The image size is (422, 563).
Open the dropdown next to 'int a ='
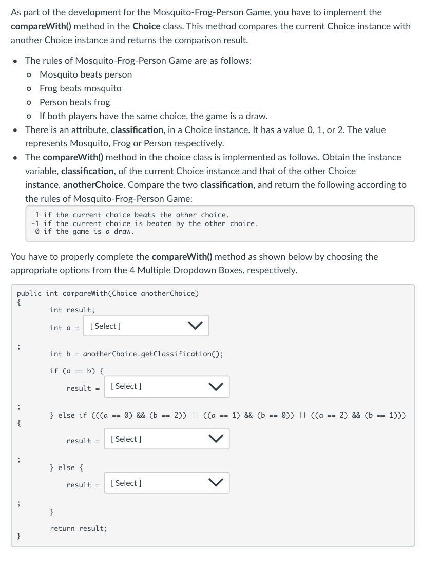146,326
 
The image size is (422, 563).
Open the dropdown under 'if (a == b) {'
166,386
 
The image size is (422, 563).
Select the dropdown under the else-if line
166,439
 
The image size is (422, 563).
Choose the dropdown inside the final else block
166,483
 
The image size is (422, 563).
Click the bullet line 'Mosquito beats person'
86,74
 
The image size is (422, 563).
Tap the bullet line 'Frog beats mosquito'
81,88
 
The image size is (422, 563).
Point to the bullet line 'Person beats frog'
75,102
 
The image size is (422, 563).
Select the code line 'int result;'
72,310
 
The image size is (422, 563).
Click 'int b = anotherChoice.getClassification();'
137,354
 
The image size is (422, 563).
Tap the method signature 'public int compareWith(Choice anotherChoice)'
108,293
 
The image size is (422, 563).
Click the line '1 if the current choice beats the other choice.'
132,215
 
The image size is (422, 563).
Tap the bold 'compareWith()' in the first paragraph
39,26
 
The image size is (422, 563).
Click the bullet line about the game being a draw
154,116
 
